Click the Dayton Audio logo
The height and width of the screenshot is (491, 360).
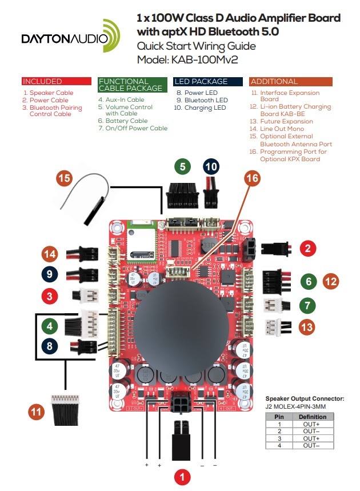[x=66, y=38]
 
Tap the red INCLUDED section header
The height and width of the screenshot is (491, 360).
[x=56, y=81]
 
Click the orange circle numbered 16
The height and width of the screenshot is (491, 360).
[x=251, y=178]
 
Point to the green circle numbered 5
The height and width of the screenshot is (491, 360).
[x=182, y=167]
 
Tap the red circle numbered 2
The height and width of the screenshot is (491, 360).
[x=307, y=248]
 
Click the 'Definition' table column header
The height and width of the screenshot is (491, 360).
[x=313, y=417]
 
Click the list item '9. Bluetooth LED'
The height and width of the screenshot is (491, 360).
[x=202, y=100]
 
